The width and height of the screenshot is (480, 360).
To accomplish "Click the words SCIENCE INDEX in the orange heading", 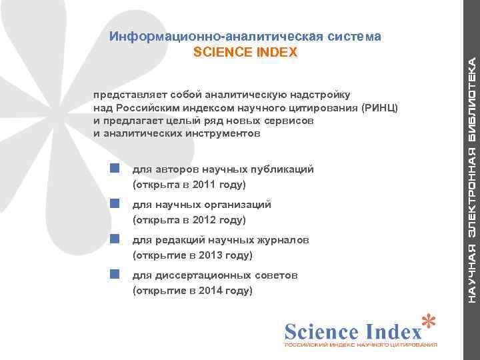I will click(x=245, y=52).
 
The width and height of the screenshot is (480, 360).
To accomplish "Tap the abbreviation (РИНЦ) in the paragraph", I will click(x=381, y=109).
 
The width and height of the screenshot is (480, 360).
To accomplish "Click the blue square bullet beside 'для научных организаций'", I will click(x=115, y=203).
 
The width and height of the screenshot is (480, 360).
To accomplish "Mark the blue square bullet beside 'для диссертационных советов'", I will click(x=115, y=274).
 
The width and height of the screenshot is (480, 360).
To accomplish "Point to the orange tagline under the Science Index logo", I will click(x=361, y=345).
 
